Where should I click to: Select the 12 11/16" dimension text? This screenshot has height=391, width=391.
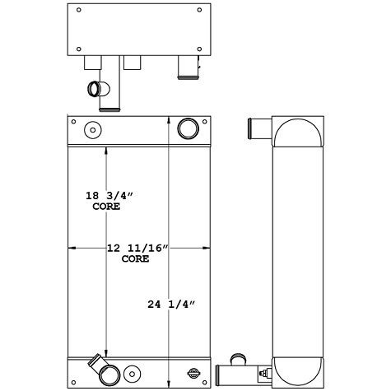coord(138,247)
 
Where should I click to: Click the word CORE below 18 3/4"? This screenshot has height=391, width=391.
coord(107,207)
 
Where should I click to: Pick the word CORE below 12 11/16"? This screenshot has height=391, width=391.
coord(135,258)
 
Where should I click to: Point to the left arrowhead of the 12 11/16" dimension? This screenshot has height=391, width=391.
coord(71,247)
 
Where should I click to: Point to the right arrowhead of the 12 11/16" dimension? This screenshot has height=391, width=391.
coord(211,247)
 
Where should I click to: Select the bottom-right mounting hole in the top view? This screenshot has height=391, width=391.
coord(200,49)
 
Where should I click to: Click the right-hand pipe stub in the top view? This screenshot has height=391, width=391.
coord(189,69)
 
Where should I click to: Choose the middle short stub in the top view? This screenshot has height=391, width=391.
coord(133,63)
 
